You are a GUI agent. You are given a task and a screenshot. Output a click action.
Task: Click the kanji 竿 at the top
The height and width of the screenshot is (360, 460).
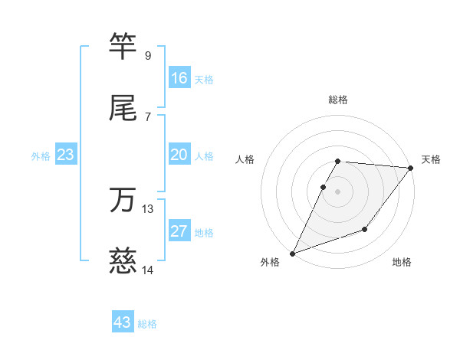point(123,47)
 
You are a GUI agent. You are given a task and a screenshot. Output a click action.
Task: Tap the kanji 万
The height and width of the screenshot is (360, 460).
point(123,201)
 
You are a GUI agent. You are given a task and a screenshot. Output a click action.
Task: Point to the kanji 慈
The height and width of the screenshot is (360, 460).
point(123,262)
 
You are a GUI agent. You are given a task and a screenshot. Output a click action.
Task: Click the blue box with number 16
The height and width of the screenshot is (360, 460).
point(179,78)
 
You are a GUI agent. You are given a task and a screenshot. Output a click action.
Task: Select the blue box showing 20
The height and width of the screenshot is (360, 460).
point(179,155)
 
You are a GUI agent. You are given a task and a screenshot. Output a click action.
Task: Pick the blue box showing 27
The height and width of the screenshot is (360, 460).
point(179,232)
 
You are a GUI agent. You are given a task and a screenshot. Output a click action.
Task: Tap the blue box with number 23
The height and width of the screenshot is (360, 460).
point(66,155)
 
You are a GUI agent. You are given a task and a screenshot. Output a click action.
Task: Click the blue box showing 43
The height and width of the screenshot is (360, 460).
point(123,322)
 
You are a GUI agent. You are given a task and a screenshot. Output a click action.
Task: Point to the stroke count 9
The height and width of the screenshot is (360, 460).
point(148,56)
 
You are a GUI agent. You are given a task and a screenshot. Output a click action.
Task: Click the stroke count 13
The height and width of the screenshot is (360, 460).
point(148,209)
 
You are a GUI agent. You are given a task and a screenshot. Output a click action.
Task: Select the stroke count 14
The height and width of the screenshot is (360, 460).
point(148,270)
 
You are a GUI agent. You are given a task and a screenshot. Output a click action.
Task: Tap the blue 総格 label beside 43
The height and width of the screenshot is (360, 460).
point(147,324)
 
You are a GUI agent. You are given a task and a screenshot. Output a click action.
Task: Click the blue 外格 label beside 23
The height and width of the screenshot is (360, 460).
point(41,156)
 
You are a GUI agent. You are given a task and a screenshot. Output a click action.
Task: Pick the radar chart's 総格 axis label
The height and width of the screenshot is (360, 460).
point(338,100)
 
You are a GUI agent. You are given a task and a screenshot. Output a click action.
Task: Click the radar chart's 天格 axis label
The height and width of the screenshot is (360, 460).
point(431,159)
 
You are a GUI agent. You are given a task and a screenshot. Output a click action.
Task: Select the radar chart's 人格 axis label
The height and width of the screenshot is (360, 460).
point(245,159)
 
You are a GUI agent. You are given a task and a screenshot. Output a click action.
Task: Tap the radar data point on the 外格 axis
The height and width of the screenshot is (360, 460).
point(292,254)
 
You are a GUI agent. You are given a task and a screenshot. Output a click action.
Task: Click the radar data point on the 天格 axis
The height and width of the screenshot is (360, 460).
point(411,168)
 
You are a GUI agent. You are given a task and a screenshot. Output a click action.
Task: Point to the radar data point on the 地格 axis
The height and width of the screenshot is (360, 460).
point(366,229)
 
